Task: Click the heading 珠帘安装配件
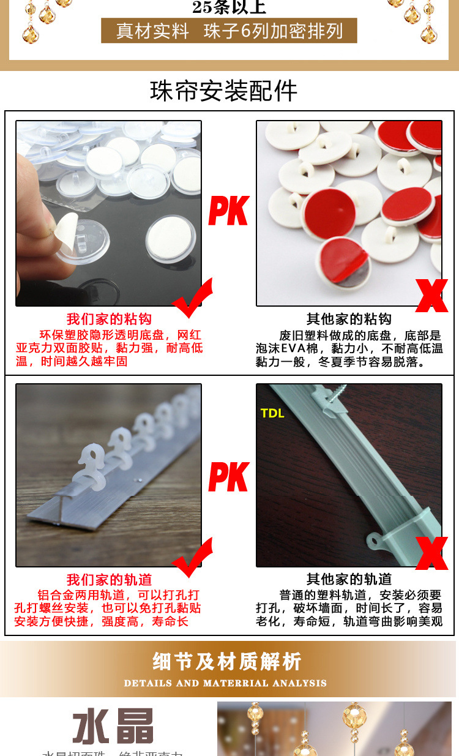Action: [224, 91]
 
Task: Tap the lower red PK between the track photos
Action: [228, 477]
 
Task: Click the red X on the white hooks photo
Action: [431, 296]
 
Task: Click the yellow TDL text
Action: [272, 413]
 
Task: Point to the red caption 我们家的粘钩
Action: [109, 319]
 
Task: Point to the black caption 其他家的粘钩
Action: [349, 319]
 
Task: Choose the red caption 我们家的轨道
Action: [109, 580]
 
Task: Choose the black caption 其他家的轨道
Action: [349, 579]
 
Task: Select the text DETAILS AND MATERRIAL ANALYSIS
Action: [225, 683]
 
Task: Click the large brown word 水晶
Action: [113, 727]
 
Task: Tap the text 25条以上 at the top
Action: [229, 7]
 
